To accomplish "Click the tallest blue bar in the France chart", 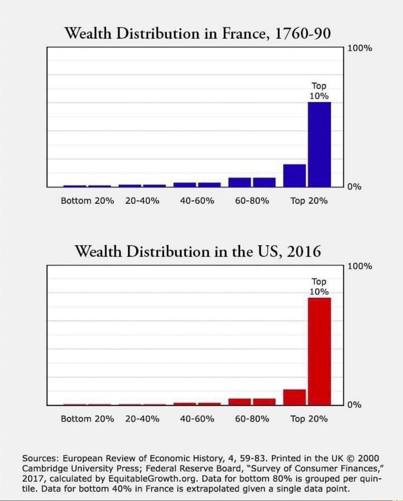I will coord(319,144).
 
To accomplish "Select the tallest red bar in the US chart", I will coord(319,351).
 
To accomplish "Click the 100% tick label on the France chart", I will coord(359,49).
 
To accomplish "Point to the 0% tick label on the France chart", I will coord(354,187).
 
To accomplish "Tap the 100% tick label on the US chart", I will coord(359,267).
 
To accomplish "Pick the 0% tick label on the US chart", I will coord(354,405).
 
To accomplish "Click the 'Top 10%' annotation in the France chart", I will coord(319,91).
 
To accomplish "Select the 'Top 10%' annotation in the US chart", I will coord(319,287).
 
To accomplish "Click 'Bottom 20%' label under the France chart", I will coord(87,201).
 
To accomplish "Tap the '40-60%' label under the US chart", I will coord(197,419).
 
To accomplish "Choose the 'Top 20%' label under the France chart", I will coord(309,201).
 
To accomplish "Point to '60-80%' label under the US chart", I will coord(252,419).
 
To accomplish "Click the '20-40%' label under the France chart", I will coord(142,201).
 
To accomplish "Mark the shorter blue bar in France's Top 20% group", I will coord(294,175).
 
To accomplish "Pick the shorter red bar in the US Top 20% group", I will coord(294,397).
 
